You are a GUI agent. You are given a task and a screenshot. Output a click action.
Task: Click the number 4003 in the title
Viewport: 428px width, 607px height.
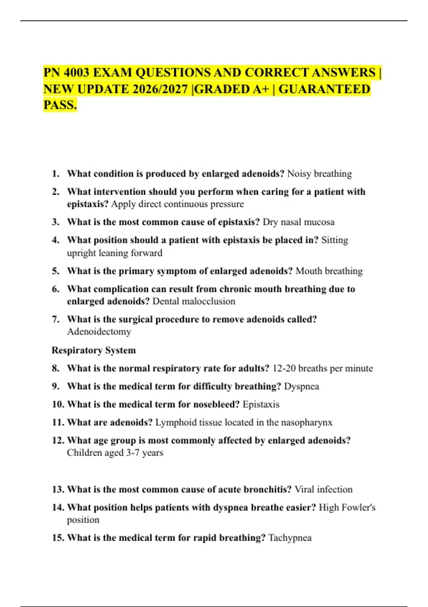76,73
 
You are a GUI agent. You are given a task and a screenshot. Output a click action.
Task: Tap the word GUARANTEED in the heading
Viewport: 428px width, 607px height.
324,89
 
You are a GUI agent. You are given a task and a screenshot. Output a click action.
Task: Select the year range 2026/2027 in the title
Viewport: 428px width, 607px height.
160,89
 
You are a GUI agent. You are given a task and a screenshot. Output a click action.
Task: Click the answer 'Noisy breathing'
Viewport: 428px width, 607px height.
320,174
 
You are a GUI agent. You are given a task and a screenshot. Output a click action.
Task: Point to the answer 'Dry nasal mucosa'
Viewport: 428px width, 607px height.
299,222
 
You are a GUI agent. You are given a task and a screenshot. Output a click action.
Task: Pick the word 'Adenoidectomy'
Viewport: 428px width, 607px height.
99,332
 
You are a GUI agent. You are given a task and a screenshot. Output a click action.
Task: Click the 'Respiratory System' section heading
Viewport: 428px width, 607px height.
94,350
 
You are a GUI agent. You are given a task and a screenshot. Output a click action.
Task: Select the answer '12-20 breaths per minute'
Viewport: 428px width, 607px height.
323,368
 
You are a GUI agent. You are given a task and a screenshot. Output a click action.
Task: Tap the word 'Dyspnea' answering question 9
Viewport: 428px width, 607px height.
301,386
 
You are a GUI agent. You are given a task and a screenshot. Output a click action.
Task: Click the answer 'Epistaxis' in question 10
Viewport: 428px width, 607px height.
261,405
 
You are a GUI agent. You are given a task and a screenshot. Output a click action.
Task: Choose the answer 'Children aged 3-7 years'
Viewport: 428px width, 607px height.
115,453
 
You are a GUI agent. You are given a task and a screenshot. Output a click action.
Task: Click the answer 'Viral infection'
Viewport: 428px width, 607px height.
323,490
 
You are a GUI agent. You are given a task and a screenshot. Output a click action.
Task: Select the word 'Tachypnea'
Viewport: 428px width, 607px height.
290,538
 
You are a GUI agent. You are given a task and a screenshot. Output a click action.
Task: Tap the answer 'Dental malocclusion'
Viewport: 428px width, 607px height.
194,301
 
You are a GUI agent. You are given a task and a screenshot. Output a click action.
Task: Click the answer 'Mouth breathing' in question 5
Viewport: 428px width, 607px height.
329,271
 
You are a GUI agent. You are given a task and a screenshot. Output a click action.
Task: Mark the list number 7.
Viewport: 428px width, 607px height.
56,319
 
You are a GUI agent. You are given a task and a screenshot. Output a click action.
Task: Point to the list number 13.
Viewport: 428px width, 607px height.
58,490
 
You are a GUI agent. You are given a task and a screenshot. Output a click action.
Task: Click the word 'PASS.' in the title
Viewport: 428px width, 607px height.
60,105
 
